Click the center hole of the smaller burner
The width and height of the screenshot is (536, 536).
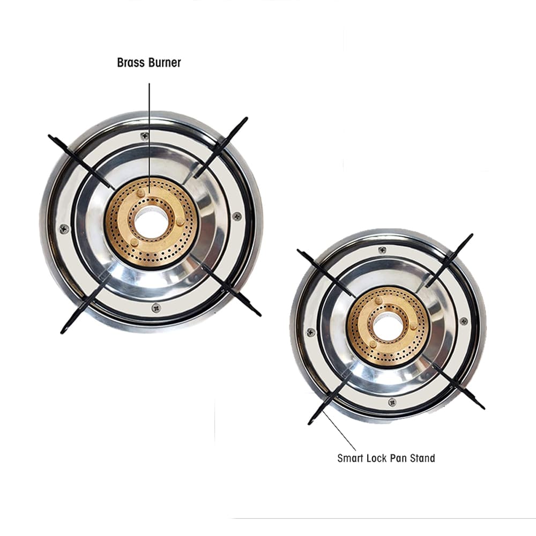pyautogui.click(x=388, y=326)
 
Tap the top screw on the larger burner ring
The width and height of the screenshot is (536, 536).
pyautogui.click(x=145, y=136)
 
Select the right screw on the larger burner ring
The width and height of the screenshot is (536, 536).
pyautogui.click(x=236, y=216)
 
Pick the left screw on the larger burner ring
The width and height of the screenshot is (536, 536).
pyautogui.click(x=64, y=229)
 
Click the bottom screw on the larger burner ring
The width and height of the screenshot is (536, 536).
pyautogui.click(x=156, y=308)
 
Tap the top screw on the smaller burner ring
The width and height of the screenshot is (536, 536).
pyautogui.click(x=383, y=250)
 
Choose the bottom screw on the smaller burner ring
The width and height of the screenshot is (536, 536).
pyautogui.click(x=392, y=402)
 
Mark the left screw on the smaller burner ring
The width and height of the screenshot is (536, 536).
pyautogui.click(x=311, y=332)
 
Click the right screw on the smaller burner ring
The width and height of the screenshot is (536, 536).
pyautogui.click(x=464, y=321)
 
